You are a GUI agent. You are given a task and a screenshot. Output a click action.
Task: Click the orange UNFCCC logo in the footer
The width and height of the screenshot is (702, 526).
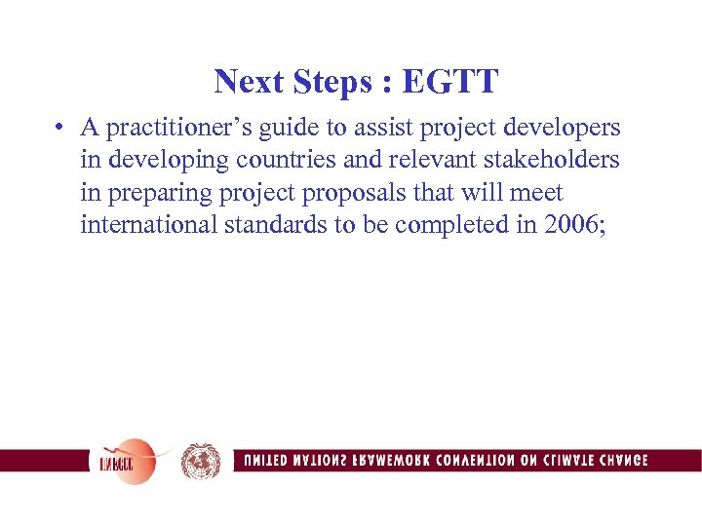124,461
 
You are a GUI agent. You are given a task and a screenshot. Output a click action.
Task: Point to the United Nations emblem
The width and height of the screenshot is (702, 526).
201,461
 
